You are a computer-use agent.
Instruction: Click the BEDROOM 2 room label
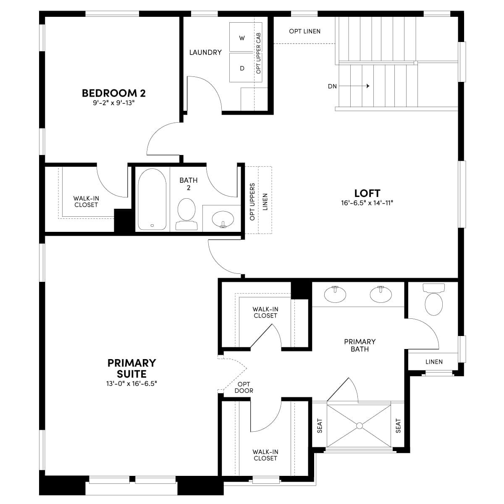pos(114,93)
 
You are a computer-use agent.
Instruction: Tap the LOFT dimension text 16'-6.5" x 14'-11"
pos(367,203)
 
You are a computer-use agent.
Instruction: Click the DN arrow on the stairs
pos(354,86)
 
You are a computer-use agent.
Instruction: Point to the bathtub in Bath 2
pos(152,199)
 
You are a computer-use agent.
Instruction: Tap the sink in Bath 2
pos(223,219)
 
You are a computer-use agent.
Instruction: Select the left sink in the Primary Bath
pos(335,294)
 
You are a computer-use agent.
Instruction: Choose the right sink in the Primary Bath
pos(381,294)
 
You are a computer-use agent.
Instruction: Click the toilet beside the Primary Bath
pos(433,299)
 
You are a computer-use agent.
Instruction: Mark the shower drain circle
pos(360,426)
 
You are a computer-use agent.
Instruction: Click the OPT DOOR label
pos(244,387)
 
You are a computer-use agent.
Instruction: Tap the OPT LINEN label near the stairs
pos(304,31)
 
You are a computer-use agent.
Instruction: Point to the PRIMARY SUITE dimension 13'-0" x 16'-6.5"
pos(131,384)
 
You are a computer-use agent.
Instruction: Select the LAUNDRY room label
pos(205,52)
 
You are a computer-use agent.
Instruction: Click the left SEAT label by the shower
pos(320,426)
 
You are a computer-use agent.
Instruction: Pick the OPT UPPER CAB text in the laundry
pos(258,53)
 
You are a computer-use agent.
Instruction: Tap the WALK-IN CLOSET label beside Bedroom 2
pos(86,202)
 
